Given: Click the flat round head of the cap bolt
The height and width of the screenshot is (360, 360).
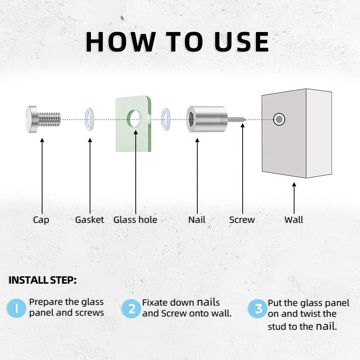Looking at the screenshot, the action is click(x=32, y=119).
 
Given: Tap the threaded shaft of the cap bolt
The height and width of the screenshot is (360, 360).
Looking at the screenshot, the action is click(x=49, y=119).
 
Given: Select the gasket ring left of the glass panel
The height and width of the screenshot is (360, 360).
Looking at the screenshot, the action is click(x=89, y=119).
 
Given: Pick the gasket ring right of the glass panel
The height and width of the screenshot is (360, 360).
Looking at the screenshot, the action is click(x=166, y=119).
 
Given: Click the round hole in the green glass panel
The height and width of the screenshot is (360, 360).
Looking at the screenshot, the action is click(x=135, y=119).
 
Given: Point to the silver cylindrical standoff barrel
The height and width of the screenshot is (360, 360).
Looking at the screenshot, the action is click(x=207, y=119).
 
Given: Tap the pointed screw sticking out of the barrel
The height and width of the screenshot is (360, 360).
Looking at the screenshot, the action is click(x=237, y=120).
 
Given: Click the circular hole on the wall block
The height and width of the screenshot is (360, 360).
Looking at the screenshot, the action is click(x=279, y=120).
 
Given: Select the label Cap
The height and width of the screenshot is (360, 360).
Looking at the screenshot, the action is click(x=41, y=220).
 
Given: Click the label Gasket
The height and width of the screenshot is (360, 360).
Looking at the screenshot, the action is click(x=90, y=220).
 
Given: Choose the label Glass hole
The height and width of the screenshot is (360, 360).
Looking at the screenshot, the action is click(x=135, y=220).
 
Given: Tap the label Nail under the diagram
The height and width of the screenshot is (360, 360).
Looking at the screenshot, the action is click(x=197, y=220).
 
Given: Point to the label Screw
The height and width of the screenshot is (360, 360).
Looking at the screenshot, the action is click(x=242, y=220).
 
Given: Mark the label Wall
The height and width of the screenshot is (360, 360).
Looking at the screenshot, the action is click(x=294, y=220).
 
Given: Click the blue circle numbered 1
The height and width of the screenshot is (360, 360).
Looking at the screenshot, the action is click(x=16, y=308).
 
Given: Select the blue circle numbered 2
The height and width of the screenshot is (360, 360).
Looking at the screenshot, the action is click(x=131, y=309).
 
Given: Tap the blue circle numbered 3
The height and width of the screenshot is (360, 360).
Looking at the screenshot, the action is click(x=258, y=309).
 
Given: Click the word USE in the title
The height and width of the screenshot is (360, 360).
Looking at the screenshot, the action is click(x=242, y=42).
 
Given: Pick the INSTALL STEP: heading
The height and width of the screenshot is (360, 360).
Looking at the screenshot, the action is click(x=42, y=280).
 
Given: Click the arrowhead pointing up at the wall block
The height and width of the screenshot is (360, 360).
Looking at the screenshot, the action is click(x=294, y=184).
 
